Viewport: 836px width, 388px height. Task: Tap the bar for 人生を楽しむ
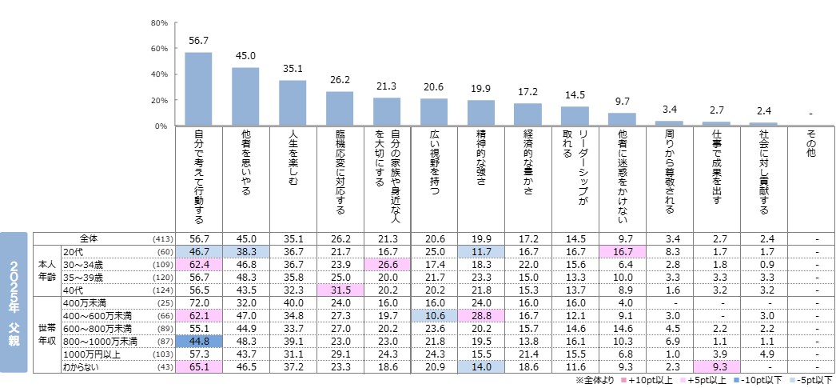tap(293, 102)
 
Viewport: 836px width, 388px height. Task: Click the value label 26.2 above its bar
tap(340, 80)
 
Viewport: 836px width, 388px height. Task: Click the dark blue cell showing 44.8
tap(198, 342)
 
